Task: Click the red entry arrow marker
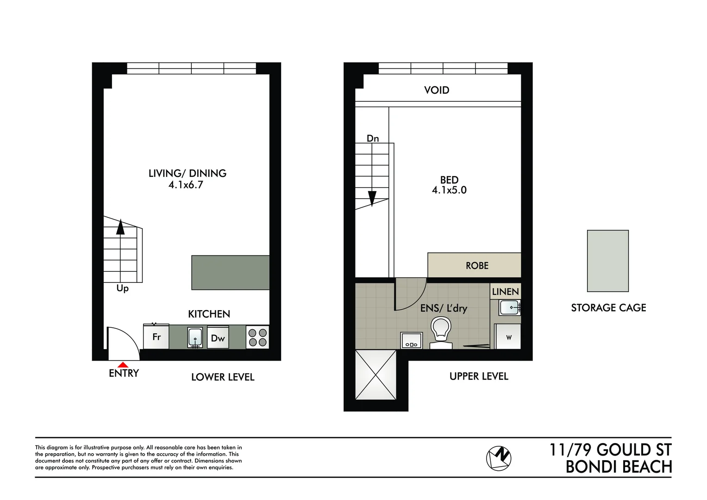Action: (x=123, y=365)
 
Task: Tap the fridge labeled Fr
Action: (x=156, y=337)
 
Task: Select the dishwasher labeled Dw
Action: (x=218, y=337)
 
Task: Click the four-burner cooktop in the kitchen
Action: (x=258, y=337)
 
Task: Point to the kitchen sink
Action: (x=195, y=337)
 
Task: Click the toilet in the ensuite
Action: (x=441, y=333)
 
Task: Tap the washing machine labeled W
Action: (x=508, y=337)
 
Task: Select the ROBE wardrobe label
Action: (x=477, y=266)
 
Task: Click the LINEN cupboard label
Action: (x=505, y=292)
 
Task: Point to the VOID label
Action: (x=437, y=90)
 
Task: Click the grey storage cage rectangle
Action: (x=607, y=261)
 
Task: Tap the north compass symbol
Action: (x=498, y=458)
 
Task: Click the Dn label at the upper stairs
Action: (x=373, y=138)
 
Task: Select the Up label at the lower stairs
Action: (x=122, y=288)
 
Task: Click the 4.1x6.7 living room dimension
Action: (x=186, y=185)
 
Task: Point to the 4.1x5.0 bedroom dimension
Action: (x=449, y=190)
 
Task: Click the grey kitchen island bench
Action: (x=231, y=273)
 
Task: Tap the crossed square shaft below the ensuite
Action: (x=375, y=375)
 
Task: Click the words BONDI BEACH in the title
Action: (x=619, y=467)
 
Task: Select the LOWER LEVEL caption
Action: (x=223, y=377)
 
